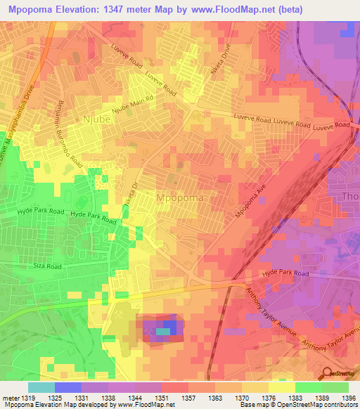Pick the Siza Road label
click(x=48, y=266)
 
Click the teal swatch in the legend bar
click(x=41, y=387)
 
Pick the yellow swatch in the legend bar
click(x=281, y=387)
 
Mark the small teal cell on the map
click(x=162, y=331)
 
